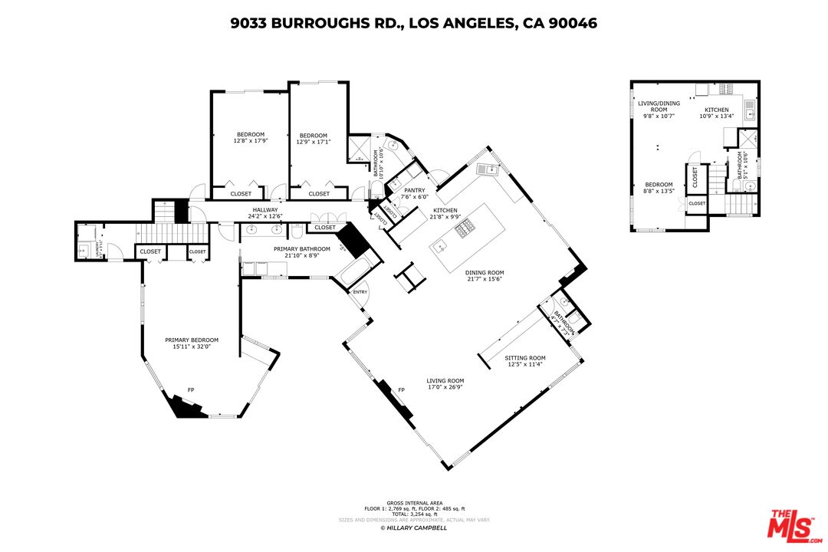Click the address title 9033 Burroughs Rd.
coord(414,24)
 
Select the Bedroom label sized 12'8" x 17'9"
coord(250,138)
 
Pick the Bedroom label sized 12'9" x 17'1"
coord(314,138)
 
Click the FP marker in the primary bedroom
coord(190,390)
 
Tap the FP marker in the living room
coord(401,390)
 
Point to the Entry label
coord(360,292)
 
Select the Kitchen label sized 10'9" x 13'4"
coord(717,113)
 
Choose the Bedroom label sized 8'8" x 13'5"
coord(659,188)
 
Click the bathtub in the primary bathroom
coord(356,270)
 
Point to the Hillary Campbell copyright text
coord(414,527)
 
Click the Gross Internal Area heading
coord(414,503)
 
